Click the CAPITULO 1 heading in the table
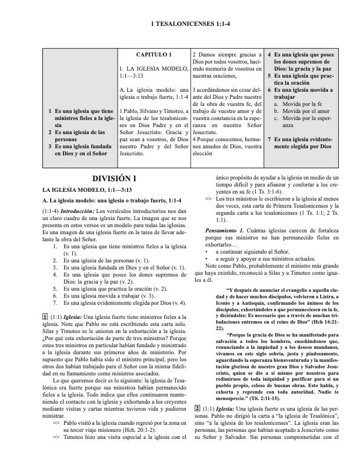pyautogui.click(x=154, y=55)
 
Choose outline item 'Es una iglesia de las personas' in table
pyautogui.click(x=80, y=134)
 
